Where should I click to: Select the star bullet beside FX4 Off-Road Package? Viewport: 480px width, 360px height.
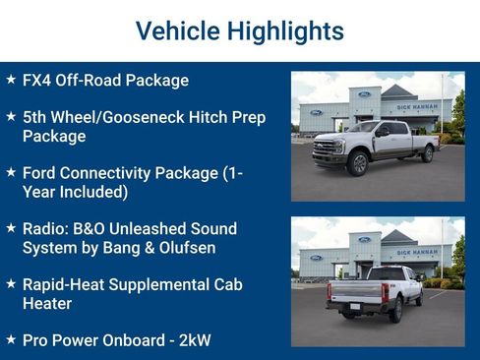click(11, 80)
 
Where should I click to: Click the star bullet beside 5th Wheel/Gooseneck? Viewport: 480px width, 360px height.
click(11, 116)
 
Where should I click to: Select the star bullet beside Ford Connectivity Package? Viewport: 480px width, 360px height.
click(11, 171)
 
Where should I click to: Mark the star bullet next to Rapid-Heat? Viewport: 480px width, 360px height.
click(11, 283)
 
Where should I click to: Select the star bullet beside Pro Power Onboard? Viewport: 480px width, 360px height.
click(11, 339)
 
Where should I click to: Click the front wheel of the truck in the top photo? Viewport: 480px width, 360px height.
click(358, 163)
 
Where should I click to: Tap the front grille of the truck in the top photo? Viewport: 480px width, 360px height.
click(325, 149)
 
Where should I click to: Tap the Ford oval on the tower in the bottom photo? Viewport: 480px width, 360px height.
click(365, 239)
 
